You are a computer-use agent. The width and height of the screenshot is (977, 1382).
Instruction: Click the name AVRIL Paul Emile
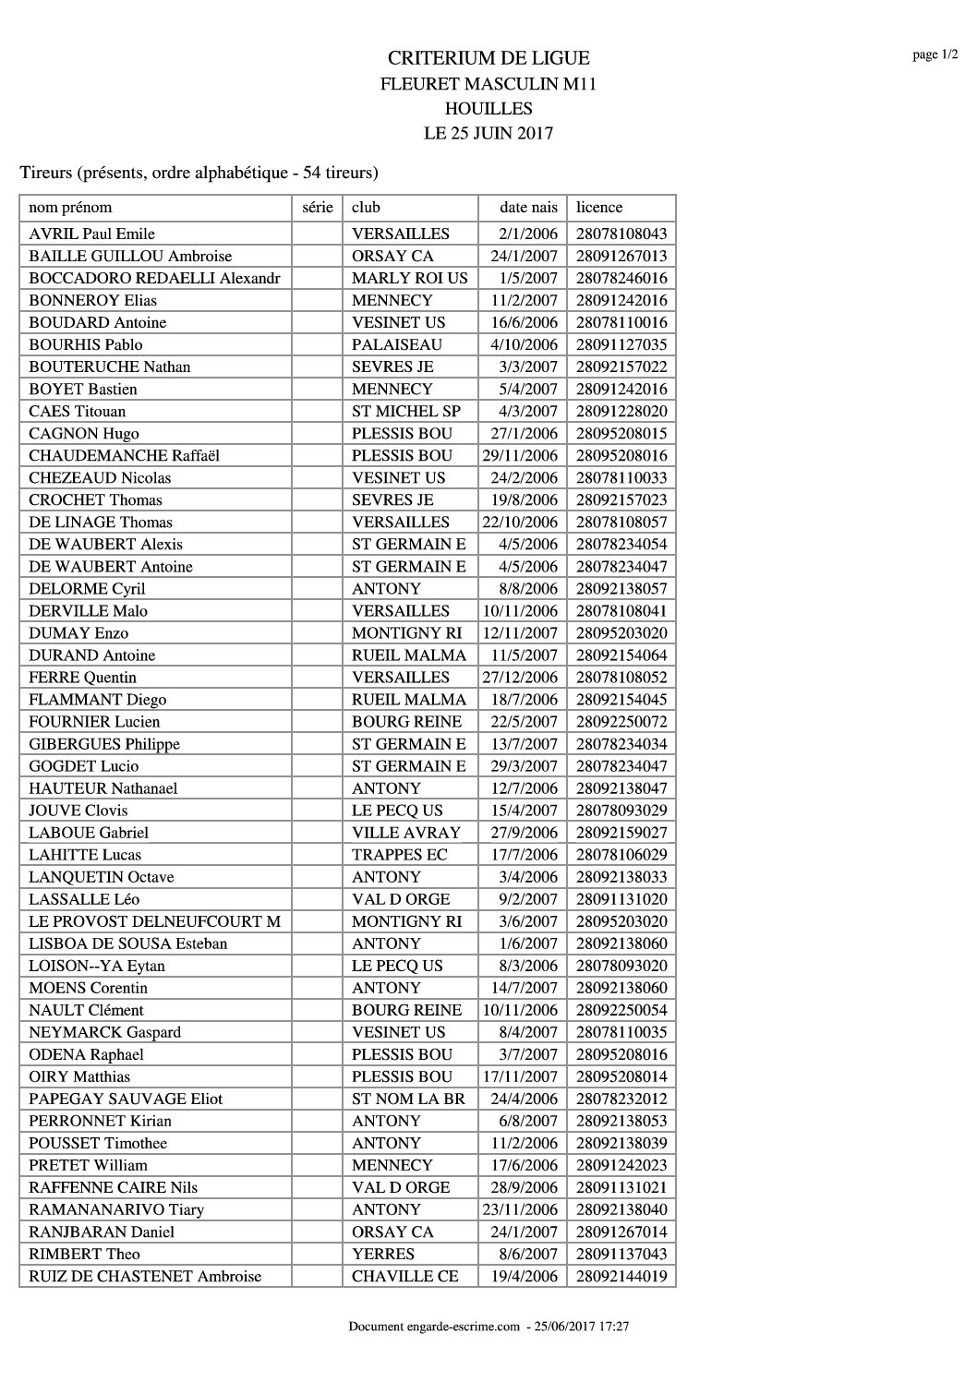(91, 234)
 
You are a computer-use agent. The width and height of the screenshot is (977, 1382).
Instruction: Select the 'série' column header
(317, 208)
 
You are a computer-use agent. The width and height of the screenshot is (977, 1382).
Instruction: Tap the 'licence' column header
(599, 208)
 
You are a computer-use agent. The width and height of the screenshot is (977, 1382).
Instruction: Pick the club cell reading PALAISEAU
(397, 344)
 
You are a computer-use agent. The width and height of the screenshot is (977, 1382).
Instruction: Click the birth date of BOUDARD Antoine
(520, 322)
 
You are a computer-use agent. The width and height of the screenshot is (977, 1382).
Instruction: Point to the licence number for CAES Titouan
(621, 411)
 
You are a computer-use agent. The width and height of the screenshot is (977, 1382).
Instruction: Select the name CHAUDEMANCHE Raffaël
(124, 455)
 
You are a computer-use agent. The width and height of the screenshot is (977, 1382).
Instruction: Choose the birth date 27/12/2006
(520, 677)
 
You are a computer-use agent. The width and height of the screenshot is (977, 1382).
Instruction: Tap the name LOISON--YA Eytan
(97, 966)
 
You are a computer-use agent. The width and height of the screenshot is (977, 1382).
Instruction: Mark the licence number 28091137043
(621, 1254)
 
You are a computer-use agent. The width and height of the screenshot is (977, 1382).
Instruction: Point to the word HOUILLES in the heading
(488, 108)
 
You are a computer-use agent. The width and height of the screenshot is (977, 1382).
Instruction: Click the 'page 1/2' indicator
(935, 54)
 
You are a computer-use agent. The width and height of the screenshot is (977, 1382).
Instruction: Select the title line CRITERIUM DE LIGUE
(488, 58)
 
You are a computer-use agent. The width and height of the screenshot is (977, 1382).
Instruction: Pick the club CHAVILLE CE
(405, 1276)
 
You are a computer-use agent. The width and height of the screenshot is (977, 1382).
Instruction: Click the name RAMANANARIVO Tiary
(116, 1209)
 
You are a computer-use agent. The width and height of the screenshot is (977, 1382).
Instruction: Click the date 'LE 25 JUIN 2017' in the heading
(488, 133)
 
